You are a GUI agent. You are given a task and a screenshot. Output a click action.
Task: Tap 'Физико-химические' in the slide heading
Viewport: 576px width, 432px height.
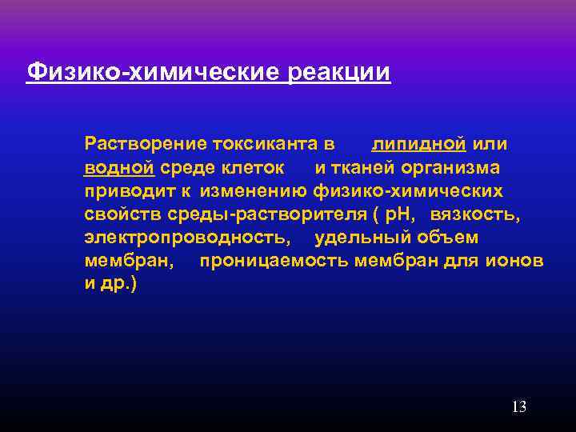[153, 73]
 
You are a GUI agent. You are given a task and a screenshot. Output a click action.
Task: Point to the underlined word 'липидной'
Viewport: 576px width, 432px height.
[418, 145]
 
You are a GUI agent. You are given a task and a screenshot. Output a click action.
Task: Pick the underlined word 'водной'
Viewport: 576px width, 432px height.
[118, 168]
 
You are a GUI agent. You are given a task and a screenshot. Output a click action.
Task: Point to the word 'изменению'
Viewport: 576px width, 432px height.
[254, 191]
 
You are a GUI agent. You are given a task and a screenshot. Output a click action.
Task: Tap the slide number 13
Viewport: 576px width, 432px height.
[518, 407]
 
